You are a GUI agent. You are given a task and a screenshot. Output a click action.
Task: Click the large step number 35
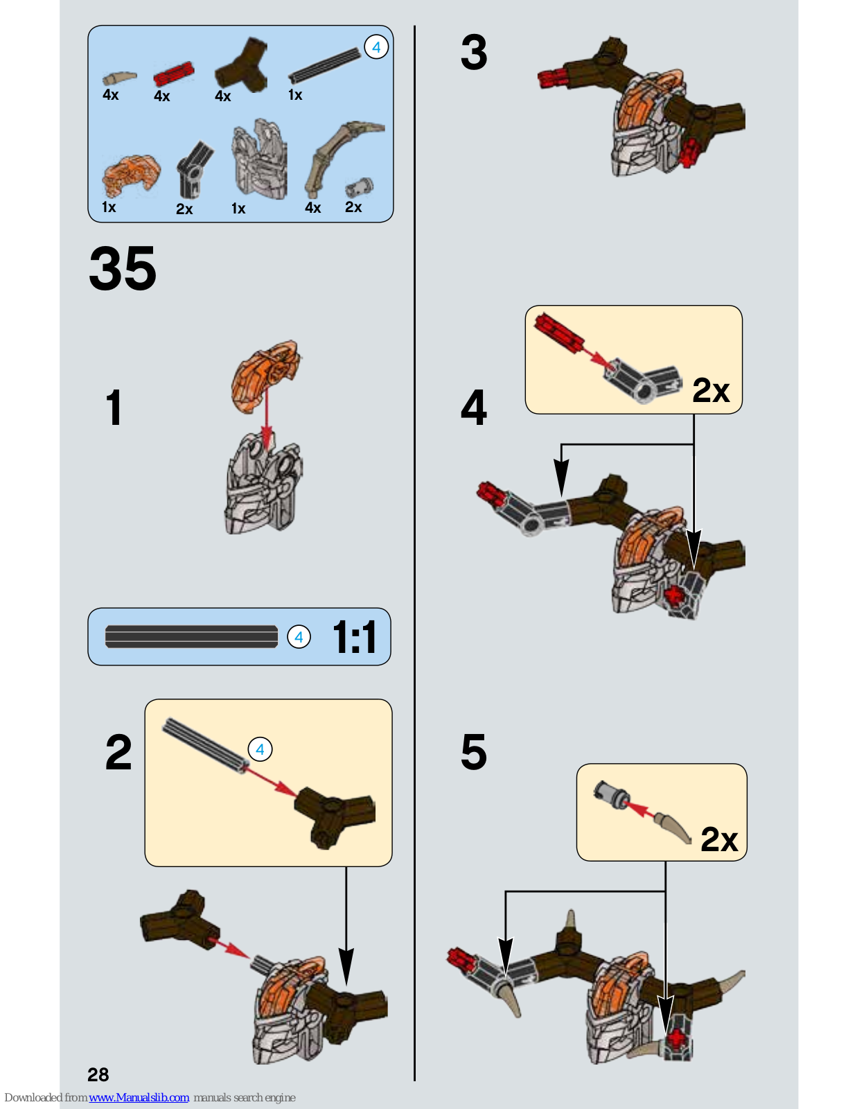coord(123,268)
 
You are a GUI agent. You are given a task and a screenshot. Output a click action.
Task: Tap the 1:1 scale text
coord(355,636)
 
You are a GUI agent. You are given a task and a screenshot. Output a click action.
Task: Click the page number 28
coord(98,1074)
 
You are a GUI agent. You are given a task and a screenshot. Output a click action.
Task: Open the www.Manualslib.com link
coord(139,1097)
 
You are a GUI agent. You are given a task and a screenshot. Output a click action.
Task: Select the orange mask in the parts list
coord(131,175)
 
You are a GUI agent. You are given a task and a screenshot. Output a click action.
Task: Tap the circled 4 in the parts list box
coord(376,47)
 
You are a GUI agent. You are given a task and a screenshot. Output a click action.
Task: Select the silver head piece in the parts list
coord(259,159)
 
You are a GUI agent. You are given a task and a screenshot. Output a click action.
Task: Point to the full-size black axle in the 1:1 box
coord(191,636)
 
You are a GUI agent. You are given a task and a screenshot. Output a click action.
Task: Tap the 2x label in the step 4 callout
coord(711,390)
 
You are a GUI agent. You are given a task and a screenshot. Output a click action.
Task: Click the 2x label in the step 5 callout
coord(719,839)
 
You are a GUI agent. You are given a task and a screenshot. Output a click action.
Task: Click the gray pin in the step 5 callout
coord(612,794)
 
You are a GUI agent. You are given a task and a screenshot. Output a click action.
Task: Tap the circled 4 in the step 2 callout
coord(260,749)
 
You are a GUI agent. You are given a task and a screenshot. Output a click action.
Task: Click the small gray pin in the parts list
coord(359,187)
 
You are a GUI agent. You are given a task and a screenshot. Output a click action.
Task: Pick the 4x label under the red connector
coord(161,96)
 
